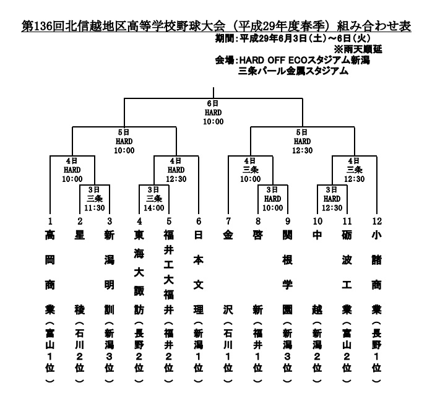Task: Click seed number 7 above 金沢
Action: (228, 220)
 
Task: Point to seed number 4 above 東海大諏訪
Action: (139, 220)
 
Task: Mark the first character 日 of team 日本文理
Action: (198, 235)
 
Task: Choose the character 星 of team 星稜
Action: (79, 235)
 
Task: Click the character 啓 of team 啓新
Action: (257, 235)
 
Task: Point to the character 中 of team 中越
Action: (317, 235)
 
